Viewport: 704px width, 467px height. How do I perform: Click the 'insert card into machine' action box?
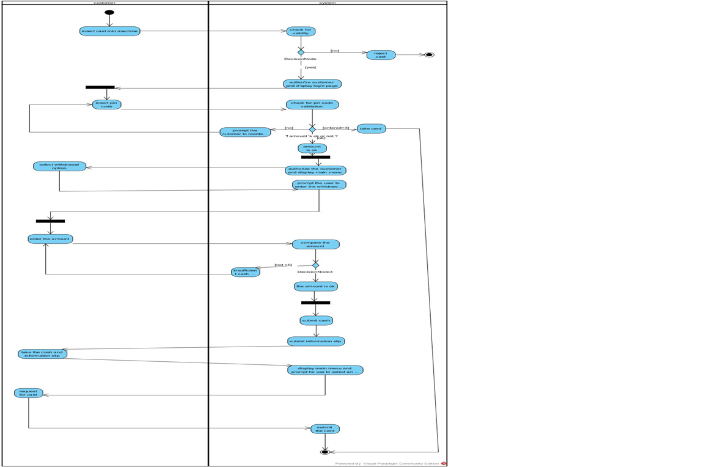click(109, 31)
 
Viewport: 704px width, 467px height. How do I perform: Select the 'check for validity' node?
click(301, 31)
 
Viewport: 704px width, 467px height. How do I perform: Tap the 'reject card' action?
click(381, 55)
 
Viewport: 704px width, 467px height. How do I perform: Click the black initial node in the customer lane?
click(109, 12)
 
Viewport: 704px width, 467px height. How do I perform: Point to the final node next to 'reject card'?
click(429, 55)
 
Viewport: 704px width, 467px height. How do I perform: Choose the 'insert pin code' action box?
click(106, 105)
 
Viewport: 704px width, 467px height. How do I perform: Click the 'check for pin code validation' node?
click(312, 105)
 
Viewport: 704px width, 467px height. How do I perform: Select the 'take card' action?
click(371, 129)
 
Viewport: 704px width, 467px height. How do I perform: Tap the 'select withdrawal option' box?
click(59, 166)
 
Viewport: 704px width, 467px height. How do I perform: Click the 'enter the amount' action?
click(50, 239)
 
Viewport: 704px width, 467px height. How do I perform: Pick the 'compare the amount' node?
click(315, 245)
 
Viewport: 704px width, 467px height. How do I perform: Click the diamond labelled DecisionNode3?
click(315, 265)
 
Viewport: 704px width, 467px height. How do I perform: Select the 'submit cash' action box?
click(316, 320)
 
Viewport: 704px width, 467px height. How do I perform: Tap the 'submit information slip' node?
click(316, 341)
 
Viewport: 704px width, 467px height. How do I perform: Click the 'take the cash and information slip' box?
click(42, 354)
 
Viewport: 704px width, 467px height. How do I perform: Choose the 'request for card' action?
click(28, 393)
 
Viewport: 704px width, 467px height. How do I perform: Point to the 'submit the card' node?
click(324, 429)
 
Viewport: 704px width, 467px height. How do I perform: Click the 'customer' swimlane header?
click(105, 3)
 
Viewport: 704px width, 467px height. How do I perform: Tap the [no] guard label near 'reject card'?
click(334, 51)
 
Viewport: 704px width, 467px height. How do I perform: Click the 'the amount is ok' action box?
click(315, 286)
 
